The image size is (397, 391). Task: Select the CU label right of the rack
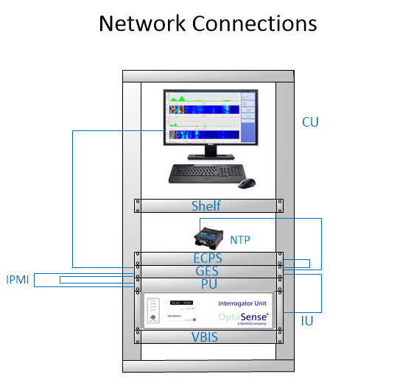(x=310, y=121)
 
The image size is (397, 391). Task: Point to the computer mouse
(x=248, y=182)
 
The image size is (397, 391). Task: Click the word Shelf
(x=206, y=205)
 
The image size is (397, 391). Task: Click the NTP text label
(x=240, y=240)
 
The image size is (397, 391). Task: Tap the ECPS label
(x=207, y=258)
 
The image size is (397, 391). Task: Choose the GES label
(x=207, y=271)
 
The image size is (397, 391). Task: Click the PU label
(x=207, y=283)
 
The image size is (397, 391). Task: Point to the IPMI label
(x=18, y=280)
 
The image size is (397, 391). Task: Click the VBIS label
(x=207, y=337)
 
